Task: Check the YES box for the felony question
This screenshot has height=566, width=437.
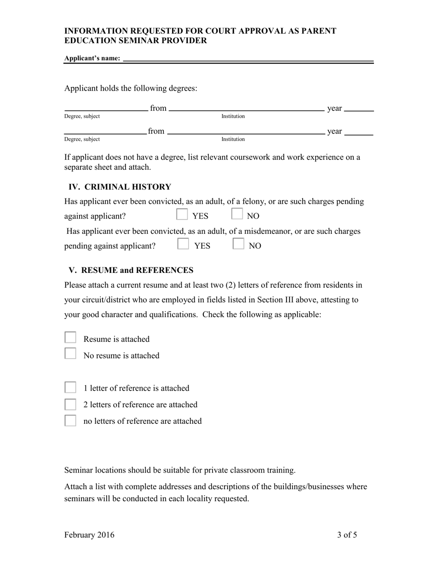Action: (x=182, y=215)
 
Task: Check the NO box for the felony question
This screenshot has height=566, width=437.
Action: (x=237, y=214)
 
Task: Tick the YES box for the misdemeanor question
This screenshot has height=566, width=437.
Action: (x=183, y=244)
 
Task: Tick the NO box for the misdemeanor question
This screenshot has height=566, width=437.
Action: (x=238, y=244)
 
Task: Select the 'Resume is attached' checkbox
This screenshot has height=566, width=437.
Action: (x=70, y=338)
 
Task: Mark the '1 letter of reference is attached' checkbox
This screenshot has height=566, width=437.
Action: (x=70, y=387)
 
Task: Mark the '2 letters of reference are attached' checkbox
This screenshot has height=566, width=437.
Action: (x=70, y=404)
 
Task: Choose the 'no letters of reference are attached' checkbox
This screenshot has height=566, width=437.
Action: (x=70, y=421)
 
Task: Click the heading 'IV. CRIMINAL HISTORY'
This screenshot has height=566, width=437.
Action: (x=120, y=187)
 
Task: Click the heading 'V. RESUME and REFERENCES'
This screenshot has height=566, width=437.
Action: (x=131, y=270)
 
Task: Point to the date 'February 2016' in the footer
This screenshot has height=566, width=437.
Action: (x=89, y=535)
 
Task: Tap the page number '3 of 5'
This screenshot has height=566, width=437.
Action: (x=347, y=535)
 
